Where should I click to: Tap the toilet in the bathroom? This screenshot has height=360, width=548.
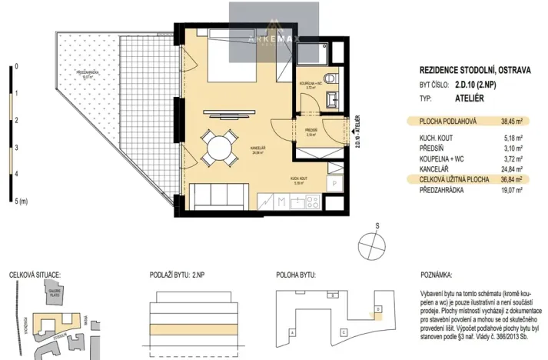click(330, 78)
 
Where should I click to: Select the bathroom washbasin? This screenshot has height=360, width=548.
click(332, 100)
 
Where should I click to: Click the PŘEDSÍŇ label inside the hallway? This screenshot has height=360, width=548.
click(311, 130)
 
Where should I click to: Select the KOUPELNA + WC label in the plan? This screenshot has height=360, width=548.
click(311, 84)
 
